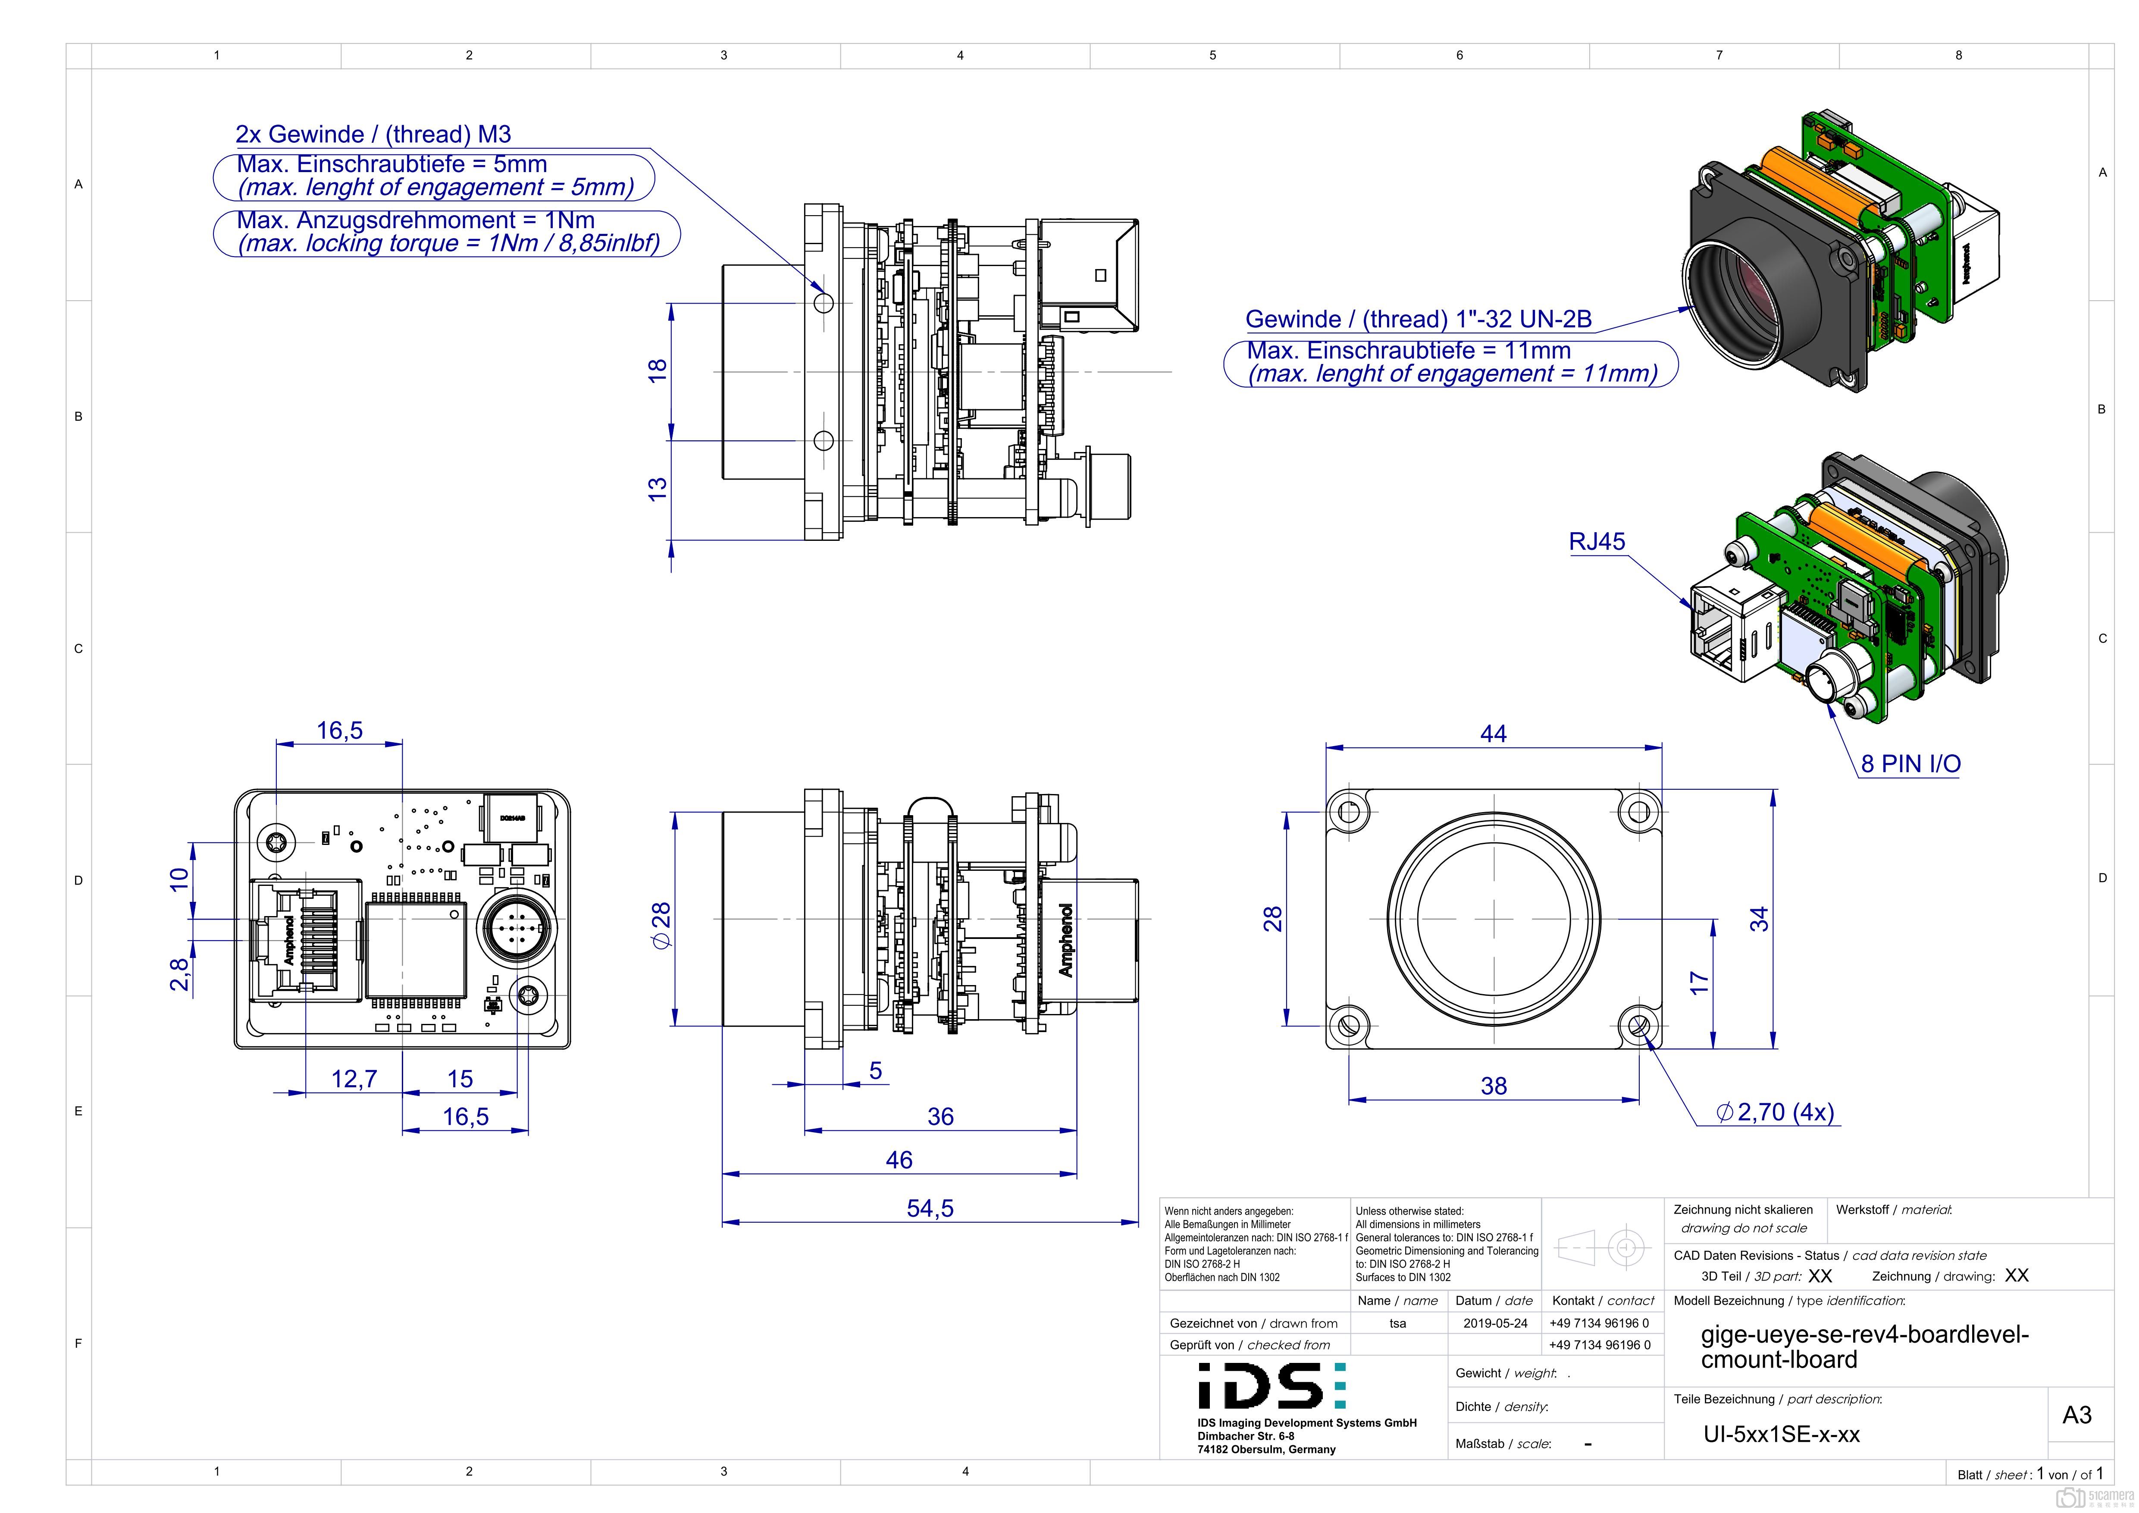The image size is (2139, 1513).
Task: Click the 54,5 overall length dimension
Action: tap(930, 1209)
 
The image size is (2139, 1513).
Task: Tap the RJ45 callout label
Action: tap(1597, 541)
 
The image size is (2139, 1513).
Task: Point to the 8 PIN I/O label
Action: tap(1910, 764)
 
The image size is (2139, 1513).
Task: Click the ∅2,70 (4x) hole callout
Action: tap(1775, 1112)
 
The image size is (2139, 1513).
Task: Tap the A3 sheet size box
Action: tap(2076, 1415)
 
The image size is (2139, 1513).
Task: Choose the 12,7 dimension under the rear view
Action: tap(354, 1079)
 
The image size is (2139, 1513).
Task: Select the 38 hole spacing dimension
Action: tap(1494, 1086)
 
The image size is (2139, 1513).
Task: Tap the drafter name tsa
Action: tap(1397, 1323)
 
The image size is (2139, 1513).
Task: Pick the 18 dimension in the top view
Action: tap(658, 369)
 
